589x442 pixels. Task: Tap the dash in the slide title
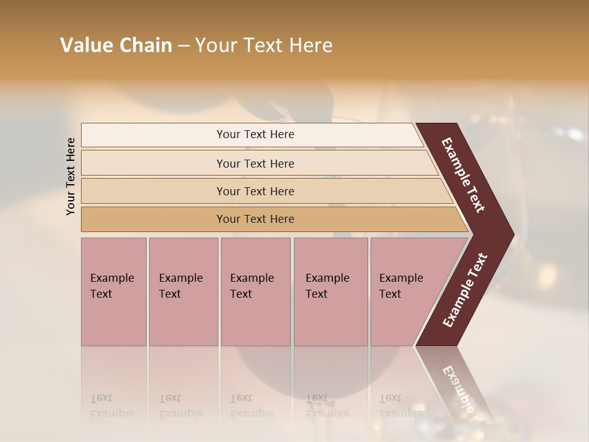183,46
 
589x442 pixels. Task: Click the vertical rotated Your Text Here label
71,177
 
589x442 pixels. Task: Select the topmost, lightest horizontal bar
255,134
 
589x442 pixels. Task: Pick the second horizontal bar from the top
255,163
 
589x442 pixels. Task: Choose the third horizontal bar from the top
255,191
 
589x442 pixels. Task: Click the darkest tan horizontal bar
255,219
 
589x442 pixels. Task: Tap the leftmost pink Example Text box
114,292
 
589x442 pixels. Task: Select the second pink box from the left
183,292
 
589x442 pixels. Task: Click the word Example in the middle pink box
252,278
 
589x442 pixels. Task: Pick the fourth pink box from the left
331,292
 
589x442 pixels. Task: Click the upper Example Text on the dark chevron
463,175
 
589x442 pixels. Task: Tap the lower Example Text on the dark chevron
465,290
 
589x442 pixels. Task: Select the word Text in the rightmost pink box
390,294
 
